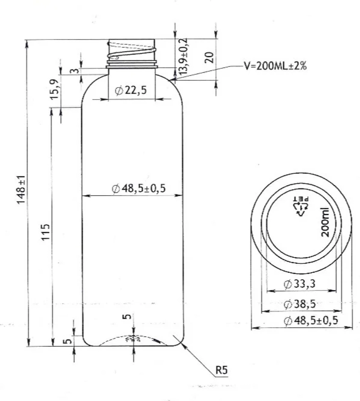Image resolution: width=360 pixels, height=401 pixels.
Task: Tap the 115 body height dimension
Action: pyautogui.click(x=46, y=232)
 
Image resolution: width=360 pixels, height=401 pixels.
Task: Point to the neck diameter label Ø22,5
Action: pyautogui.click(x=131, y=90)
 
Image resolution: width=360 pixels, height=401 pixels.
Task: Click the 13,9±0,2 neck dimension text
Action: pyautogui.click(x=183, y=56)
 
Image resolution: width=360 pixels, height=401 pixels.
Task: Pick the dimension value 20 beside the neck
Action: pyautogui.click(x=209, y=57)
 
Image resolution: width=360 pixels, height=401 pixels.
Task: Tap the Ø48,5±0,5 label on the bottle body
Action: pyautogui.click(x=139, y=188)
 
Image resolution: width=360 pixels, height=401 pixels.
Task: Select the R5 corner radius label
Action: pyautogui.click(x=221, y=370)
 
